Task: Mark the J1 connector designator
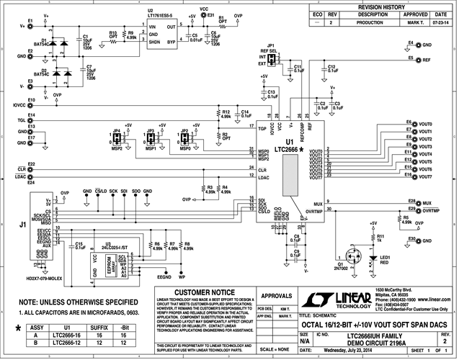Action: tap(22, 225)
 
